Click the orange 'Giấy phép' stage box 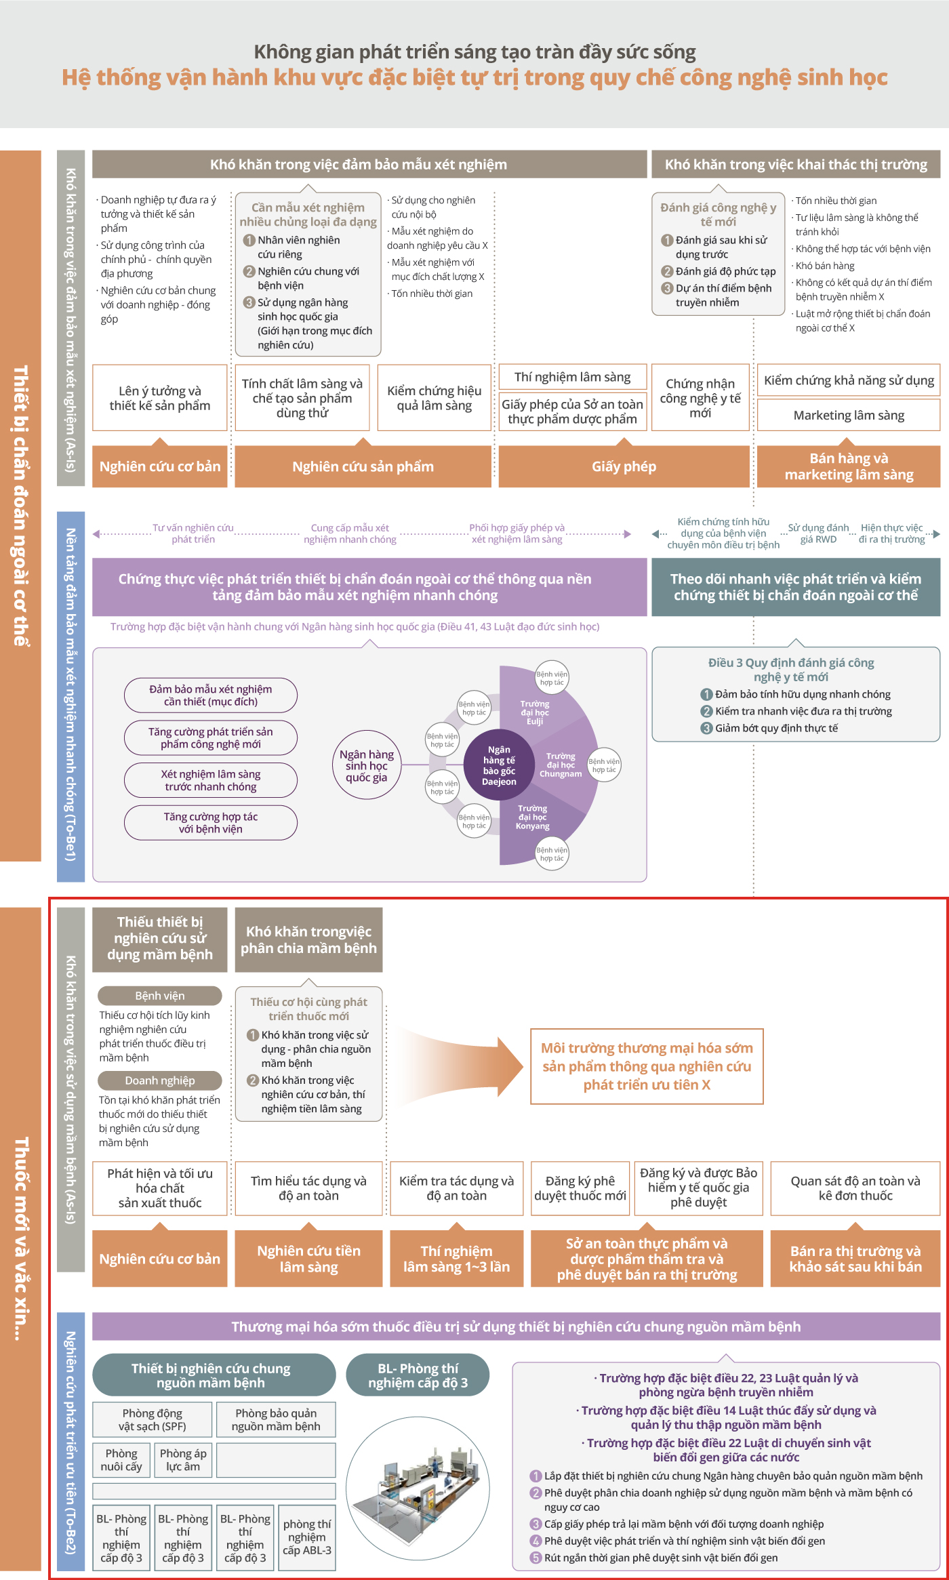tap(624, 466)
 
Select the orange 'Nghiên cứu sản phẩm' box tap(363, 466)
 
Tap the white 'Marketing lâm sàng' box tap(849, 415)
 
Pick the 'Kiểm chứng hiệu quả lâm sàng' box tap(434, 398)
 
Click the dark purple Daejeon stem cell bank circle tap(499, 765)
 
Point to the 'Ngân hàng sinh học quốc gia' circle tap(367, 765)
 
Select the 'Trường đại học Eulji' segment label tap(535, 712)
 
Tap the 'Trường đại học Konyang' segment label tap(533, 817)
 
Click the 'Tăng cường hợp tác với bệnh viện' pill tap(211, 823)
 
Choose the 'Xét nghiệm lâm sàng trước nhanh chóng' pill tap(211, 780)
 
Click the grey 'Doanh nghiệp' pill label tap(160, 1080)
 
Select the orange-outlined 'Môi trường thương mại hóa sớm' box tap(647, 1066)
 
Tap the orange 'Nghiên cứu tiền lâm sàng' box tap(308, 1259)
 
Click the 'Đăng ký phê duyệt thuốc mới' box tap(580, 1188)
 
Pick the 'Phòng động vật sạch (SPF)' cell tap(153, 1419)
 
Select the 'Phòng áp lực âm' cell tap(183, 1460)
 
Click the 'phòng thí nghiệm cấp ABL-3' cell tap(307, 1537)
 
